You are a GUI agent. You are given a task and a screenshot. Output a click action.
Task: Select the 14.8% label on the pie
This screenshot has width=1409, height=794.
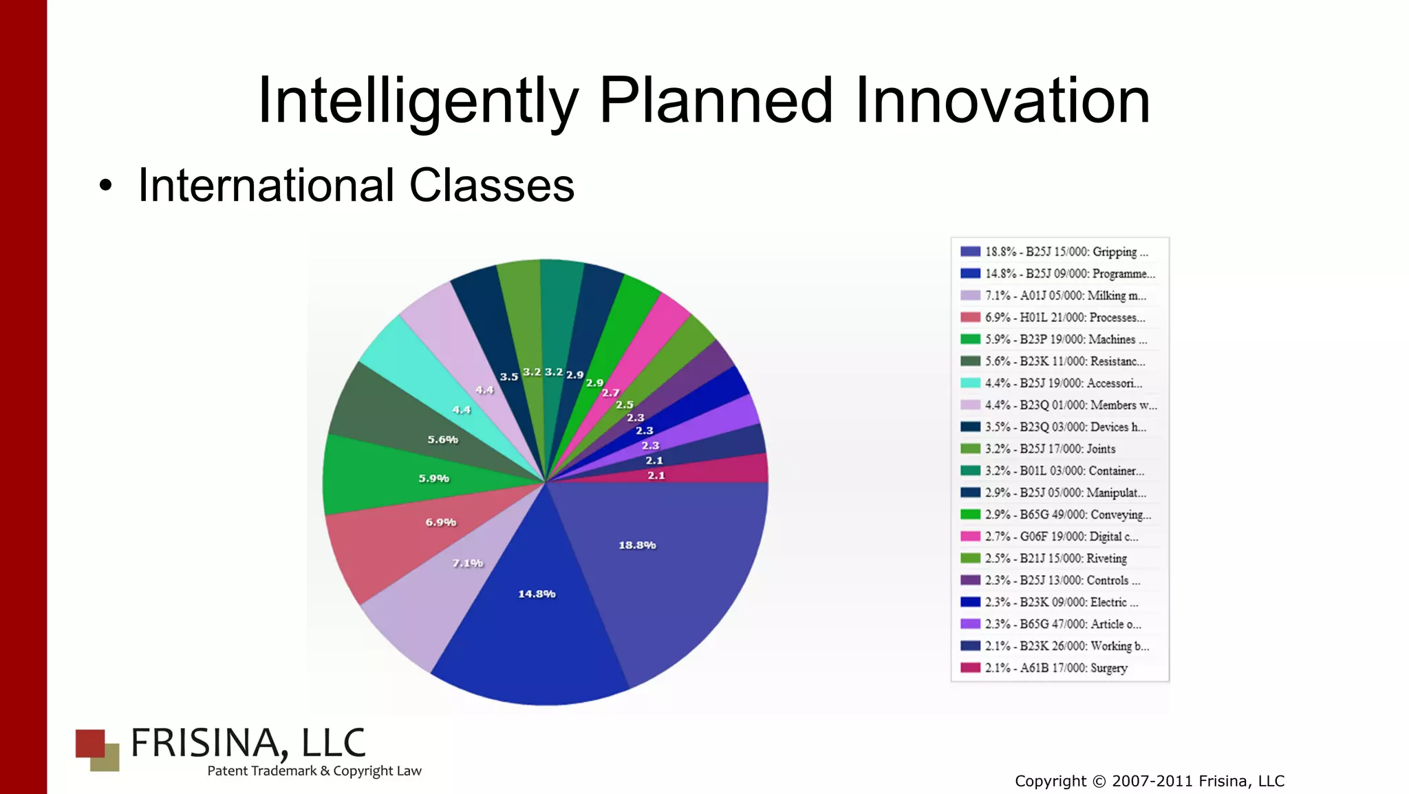coord(537,594)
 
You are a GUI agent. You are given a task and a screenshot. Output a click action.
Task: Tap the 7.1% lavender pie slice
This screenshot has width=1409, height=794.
coord(440,592)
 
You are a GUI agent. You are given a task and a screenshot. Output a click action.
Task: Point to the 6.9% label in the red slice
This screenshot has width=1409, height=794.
coord(440,522)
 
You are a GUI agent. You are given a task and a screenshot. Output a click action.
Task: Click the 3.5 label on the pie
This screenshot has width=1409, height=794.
coord(508,377)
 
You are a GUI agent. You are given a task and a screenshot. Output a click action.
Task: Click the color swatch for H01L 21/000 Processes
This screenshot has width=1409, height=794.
coord(970,318)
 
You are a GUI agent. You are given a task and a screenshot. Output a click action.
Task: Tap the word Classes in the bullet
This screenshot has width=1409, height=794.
coord(491,186)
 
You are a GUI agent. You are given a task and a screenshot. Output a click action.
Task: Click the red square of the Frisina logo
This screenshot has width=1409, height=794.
coord(89,743)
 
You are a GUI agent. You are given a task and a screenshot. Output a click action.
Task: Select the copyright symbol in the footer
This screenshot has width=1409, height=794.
coord(1099,782)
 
